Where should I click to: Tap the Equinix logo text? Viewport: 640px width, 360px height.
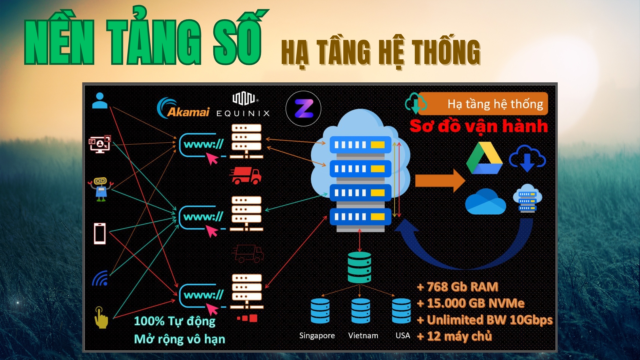[243, 113]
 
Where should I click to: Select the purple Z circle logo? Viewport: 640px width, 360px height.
[303, 109]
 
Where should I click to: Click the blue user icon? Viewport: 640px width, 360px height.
[100, 101]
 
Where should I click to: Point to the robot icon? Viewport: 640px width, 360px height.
[100, 189]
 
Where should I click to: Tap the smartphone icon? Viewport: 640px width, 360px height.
[100, 234]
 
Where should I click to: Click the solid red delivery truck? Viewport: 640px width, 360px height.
[246, 176]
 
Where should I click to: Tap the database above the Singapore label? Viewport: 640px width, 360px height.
[320, 311]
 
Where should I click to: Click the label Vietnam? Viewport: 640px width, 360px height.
[363, 335]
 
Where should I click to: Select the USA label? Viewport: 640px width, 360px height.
[403, 335]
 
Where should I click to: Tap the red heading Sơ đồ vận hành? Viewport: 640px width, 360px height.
[479, 126]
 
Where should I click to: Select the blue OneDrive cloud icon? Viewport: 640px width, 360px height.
[485, 202]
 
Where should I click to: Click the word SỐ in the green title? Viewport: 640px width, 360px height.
[238, 42]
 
